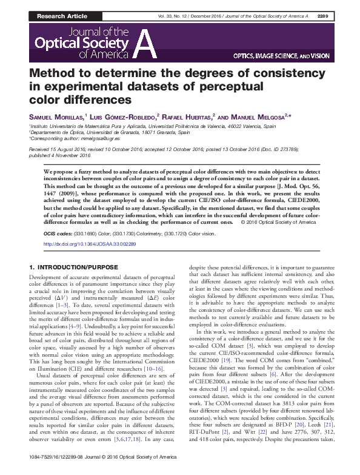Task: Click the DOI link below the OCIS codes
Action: click(98, 244)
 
